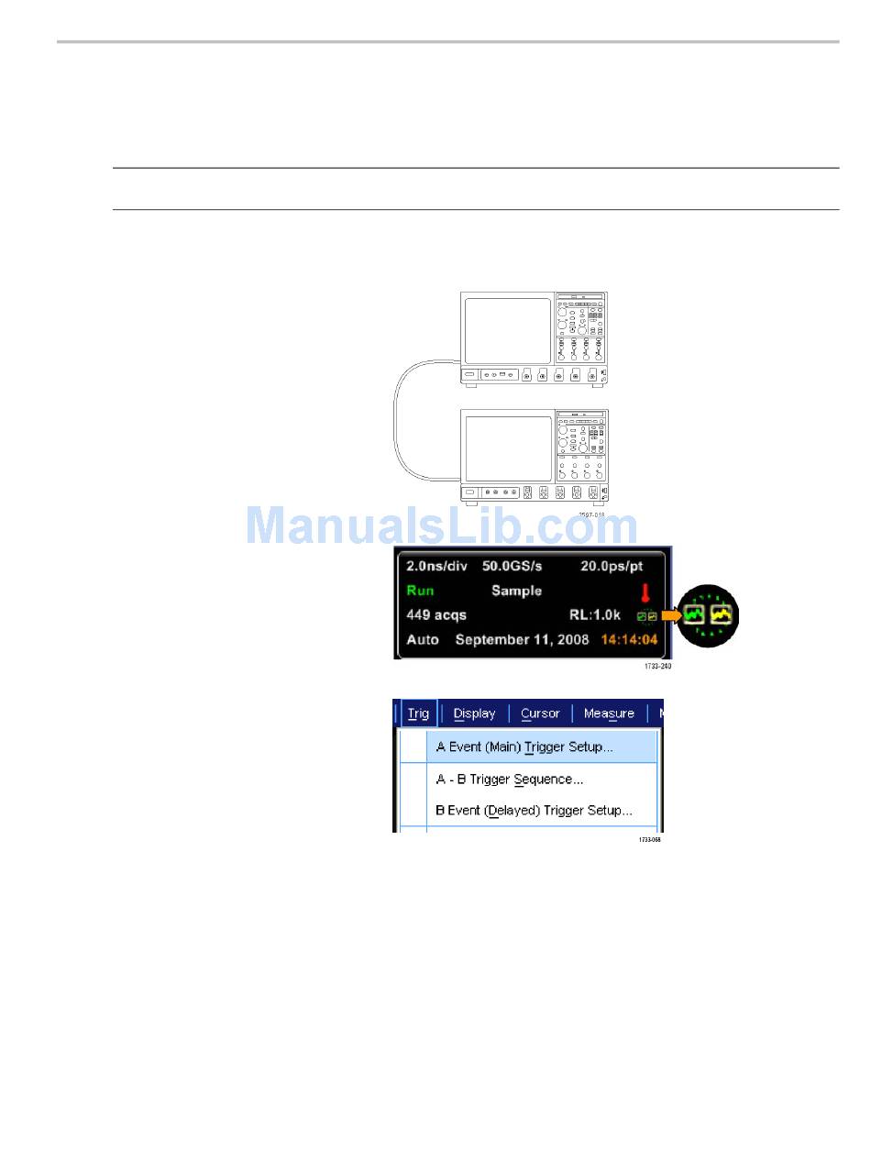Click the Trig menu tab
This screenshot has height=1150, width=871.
(x=418, y=713)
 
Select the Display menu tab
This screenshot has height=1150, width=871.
(x=474, y=713)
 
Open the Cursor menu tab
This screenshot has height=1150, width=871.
(x=540, y=713)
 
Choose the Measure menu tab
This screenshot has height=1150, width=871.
(x=609, y=713)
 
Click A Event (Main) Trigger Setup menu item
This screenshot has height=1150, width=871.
(x=524, y=746)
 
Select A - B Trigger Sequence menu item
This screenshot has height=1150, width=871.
(x=509, y=780)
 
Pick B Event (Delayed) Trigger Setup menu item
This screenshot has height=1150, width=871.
(x=534, y=811)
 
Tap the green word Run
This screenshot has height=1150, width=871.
(x=420, y=591)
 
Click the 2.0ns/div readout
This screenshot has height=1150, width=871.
(x=436, y=567)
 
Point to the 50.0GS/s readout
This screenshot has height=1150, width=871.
(x=512, y=567)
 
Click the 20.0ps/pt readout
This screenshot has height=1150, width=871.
(x=612, y=567)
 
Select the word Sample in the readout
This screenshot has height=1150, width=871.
(x=516, y=591)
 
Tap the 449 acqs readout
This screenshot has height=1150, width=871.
(x=436, y=615)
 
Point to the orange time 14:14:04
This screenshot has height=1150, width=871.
(x=629, y=639)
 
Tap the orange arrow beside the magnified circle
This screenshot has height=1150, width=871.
(x=671, y=615)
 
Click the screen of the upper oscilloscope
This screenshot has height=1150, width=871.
(x=508, y=330)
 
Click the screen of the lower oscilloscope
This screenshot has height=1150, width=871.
(x=508, y=448)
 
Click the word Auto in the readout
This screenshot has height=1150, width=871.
(x=423, y=639)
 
